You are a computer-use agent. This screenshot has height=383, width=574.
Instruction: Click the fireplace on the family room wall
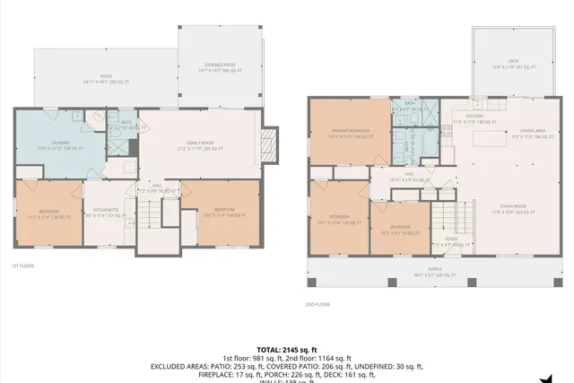266,143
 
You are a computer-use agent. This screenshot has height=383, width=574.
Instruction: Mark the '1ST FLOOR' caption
22,266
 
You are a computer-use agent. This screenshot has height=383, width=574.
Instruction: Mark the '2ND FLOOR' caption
317,304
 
